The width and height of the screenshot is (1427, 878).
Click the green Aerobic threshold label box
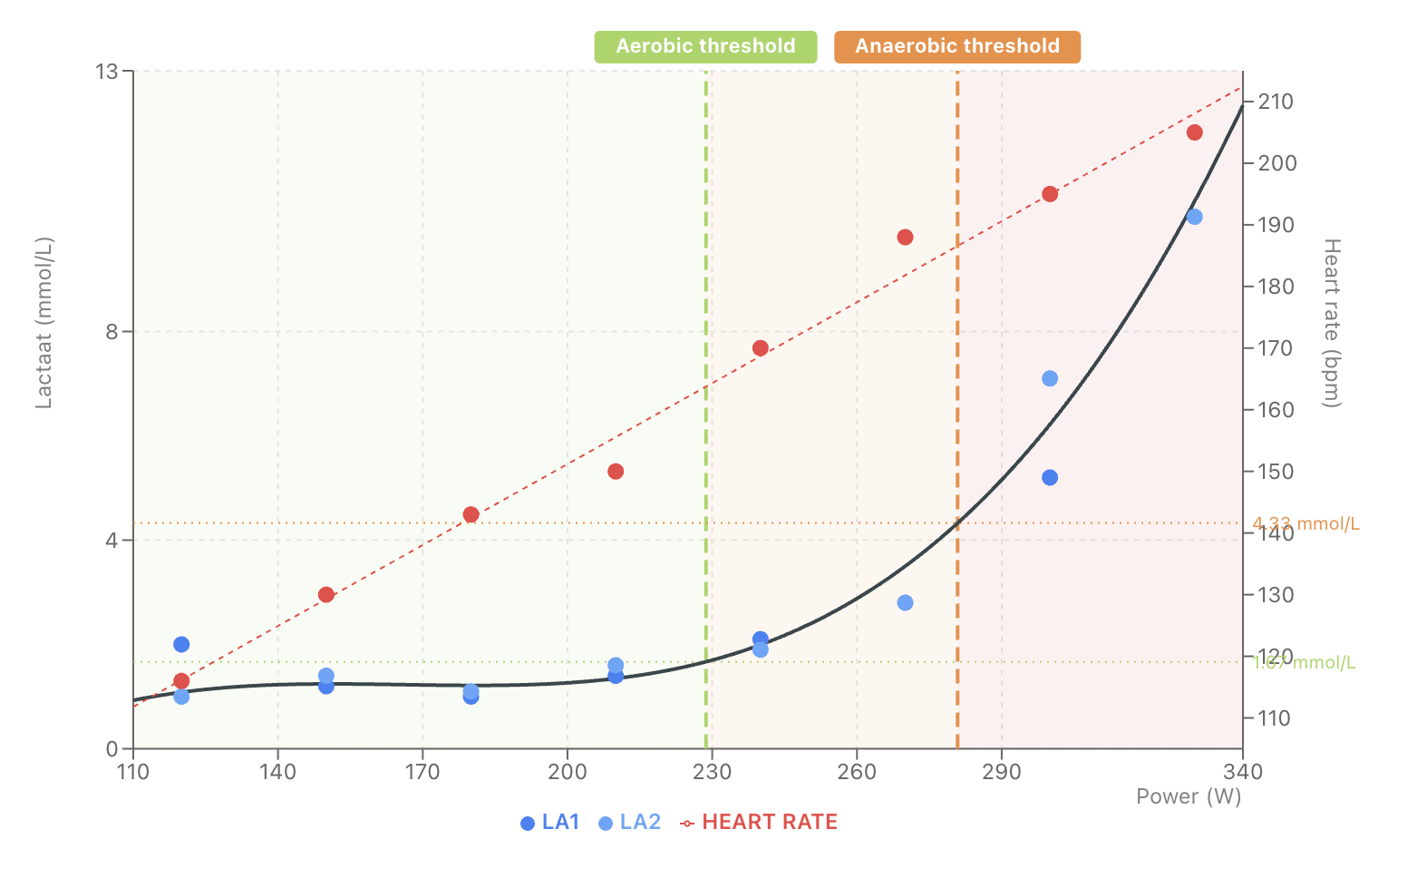(x=705, y=46)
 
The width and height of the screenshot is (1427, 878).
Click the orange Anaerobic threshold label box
(x=956, y=46)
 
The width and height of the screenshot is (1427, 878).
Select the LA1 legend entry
(x=550, y=823)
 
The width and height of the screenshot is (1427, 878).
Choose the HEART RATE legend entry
(x=760, y=823)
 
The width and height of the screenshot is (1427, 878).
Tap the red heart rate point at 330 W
(x=1194, y=132)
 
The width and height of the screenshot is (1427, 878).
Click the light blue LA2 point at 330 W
(x=1194, y=217)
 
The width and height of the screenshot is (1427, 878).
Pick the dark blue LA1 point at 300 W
(x=1050, y=478)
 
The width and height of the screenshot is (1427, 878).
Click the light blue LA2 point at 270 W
(x=905, y=603)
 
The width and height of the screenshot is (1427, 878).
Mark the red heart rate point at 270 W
(x=905, y=238)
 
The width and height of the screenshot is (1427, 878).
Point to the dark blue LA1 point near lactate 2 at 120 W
(x=181, y=645)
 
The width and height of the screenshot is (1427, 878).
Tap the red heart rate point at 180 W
(x=471, y=515)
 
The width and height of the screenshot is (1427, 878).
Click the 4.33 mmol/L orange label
(x=1306, y=524)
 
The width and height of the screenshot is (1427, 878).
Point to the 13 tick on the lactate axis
(x=107, y=71)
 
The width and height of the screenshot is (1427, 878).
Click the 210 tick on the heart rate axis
(x=1275, y=102)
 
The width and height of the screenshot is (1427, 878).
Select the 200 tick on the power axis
(x=568, y=773)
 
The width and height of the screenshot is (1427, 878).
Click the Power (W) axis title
(x=1188, y=796)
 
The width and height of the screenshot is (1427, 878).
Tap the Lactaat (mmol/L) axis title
(x=44, y=323)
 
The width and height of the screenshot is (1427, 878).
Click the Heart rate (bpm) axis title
(x=1331, y=323)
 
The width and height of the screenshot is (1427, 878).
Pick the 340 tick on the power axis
(x=1242, y=773)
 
